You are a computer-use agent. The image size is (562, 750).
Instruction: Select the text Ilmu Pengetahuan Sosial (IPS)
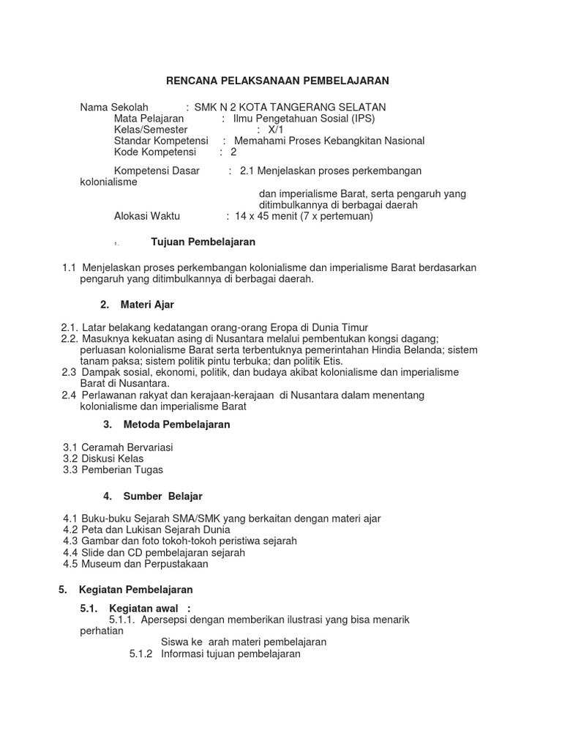[x=304, y=119]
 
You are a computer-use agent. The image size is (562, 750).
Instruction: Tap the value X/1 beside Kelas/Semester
[x=276, y=130]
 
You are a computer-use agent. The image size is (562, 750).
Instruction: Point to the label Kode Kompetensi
[x=155, y=152]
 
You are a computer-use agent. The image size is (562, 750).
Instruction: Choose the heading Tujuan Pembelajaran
[x=203, y=242]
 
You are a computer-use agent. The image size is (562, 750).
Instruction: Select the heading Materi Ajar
[x=149, y=304]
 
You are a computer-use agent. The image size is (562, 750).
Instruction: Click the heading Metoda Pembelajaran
[x=176, y=424]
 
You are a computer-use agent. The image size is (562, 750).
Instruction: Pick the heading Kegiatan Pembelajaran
[x=136, y=589]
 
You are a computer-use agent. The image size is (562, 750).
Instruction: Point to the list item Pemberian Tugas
[x=122, y=470]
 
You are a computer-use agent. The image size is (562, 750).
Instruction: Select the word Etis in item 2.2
[x=330, y=360]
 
